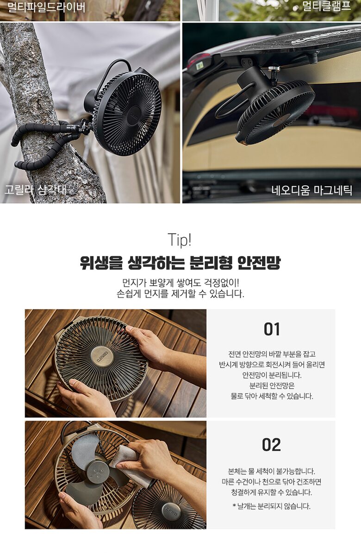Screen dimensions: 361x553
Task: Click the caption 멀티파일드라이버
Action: point(46,6)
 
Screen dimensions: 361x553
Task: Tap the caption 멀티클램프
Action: point(327,6)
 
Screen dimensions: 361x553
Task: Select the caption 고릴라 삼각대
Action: point(35,190)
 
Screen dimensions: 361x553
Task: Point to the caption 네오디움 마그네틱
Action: point(312,190)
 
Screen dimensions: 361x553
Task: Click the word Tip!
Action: point(180,240)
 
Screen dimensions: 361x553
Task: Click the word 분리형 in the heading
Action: point(211,263)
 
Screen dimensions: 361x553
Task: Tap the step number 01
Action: point(272,329)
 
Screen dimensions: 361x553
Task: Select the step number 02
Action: point(272,445)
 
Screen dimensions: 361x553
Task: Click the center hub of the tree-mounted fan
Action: point(134,113)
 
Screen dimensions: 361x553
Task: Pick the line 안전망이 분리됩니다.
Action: point(272,375)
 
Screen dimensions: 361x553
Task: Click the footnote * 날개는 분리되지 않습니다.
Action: point(272,506)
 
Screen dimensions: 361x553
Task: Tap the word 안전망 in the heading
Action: point(259,263)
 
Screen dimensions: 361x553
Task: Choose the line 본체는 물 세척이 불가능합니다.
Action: point(272,471)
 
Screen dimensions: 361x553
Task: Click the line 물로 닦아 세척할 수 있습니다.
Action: point(272,396)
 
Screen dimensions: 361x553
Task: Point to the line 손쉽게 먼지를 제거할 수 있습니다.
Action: point(180,294)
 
